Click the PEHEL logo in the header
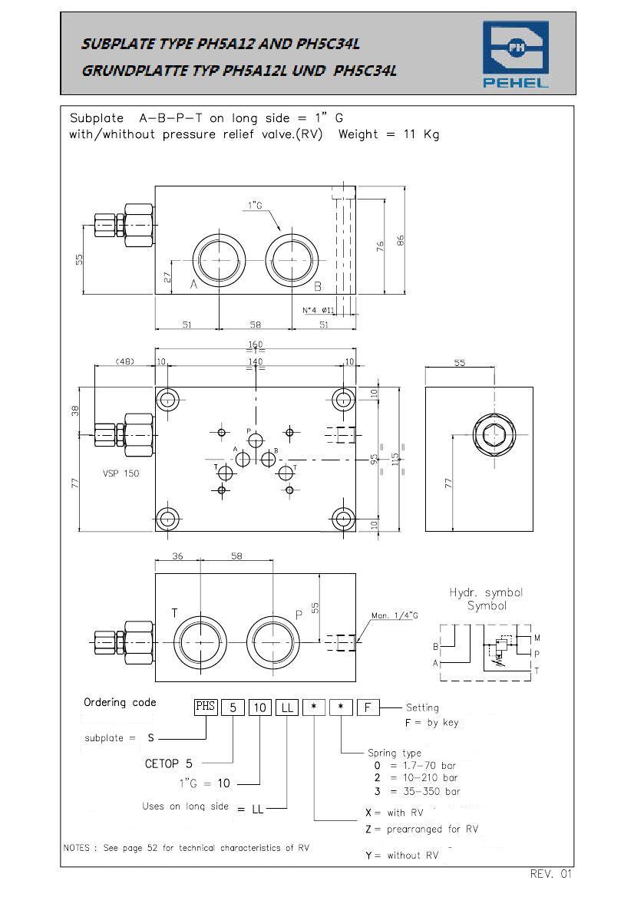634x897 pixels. coord(516,54)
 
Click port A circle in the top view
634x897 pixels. coord(220,259)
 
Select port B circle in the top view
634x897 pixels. coord(292,259)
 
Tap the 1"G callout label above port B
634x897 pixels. coord(255,206)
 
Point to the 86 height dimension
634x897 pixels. coord(401,240)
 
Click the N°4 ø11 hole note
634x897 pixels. coord(318,310)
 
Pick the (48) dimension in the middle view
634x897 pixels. coord(125,361)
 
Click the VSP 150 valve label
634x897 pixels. coord(121,473)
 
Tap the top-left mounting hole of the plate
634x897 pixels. coord(168,398)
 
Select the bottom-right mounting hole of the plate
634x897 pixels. coord(343,519)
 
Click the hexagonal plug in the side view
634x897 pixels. coord(494,435)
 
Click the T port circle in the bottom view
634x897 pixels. coord(200,642)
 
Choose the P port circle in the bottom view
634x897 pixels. coord(273,642)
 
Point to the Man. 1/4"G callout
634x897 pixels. coord(395,615)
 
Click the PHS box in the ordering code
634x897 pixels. coord(206,707)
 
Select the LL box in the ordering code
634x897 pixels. coord(286,707)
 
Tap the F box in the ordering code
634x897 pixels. coord(368,707)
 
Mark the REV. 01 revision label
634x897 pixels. coord(550,873)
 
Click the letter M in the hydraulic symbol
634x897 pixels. coord(537,638)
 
